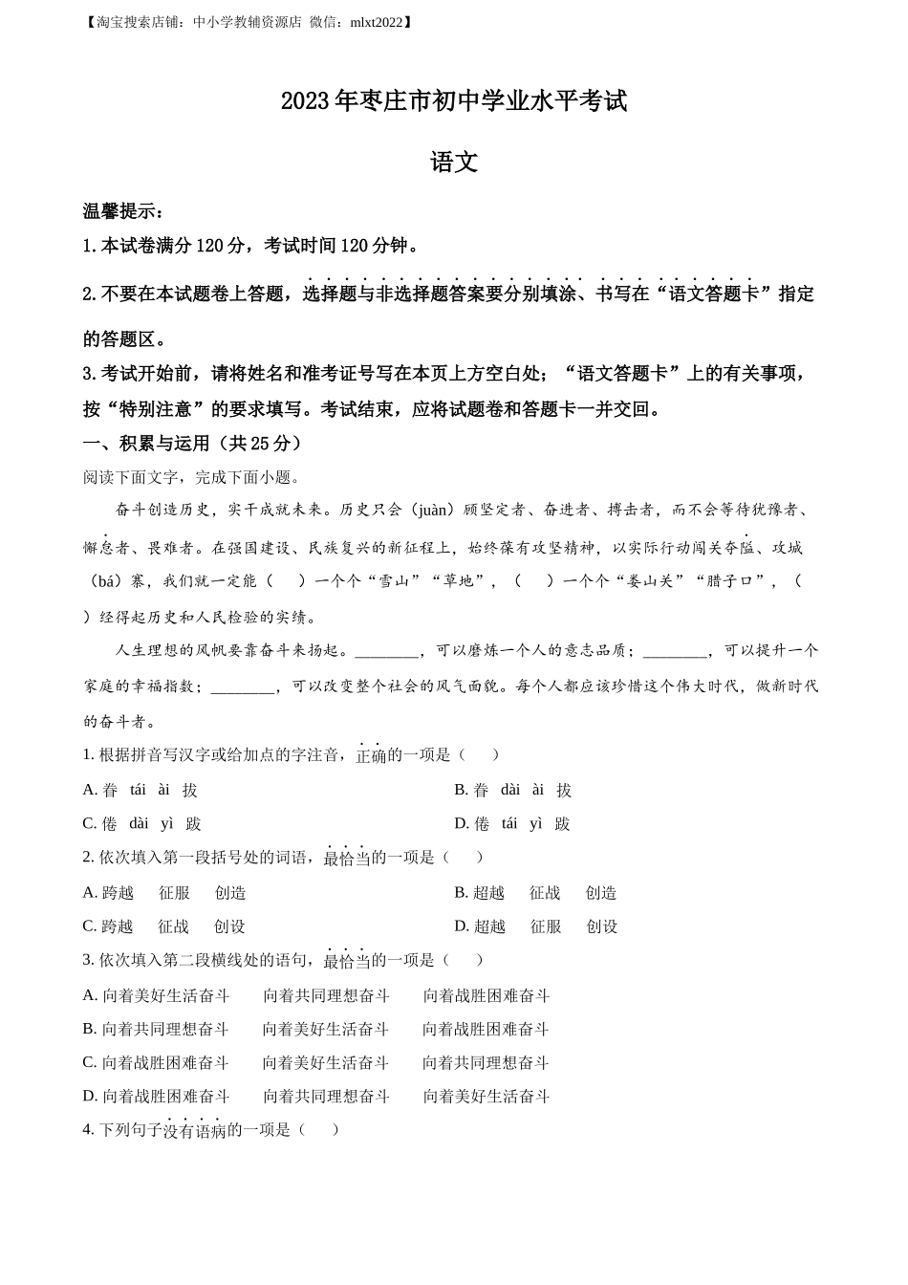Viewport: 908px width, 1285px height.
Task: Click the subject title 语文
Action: coord(454,163)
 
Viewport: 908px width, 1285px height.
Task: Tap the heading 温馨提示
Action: coord(122,211)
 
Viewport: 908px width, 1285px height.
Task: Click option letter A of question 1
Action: coord(90,790)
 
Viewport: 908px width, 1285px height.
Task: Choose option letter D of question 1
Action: coord(461,824)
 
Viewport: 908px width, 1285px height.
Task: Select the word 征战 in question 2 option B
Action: coord(545,893)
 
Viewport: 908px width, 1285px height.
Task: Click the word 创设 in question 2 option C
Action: coord(229,926)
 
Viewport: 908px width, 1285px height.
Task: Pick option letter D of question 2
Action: coord(461,926)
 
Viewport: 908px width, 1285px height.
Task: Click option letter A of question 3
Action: coord(90,996)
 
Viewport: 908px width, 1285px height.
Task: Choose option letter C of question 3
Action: coord(90,1063)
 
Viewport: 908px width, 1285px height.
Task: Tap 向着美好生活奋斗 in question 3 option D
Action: coord(486,1097)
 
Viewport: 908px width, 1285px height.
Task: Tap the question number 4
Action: coord(87,1130)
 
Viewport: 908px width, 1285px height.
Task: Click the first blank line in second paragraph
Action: coord(386,652)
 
